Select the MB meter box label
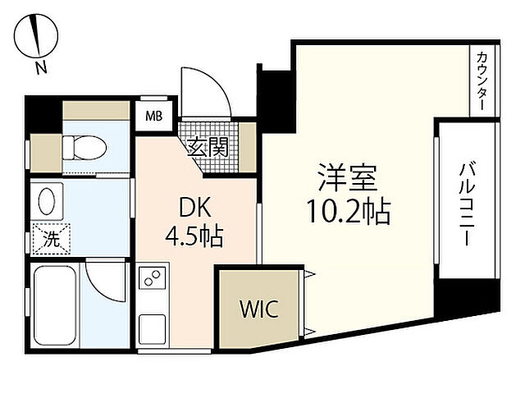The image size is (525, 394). pos(153,116)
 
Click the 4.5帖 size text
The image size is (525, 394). pos(194,238)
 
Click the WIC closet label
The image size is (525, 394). pos(259,309)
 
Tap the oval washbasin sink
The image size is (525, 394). pos(48,199)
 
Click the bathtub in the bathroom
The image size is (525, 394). pos(55,304)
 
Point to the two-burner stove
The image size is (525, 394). pos(151,279)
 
